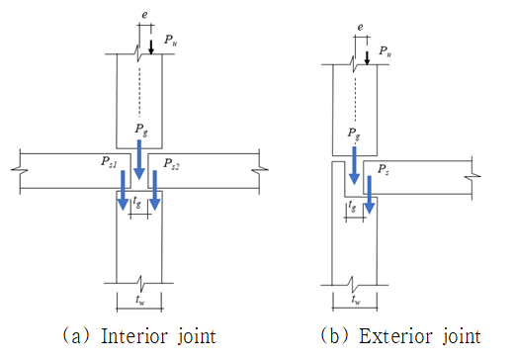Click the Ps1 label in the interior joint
pyautogui.click(x=109, y=162)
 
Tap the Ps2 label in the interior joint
pyautogui.click(x=171, y=164)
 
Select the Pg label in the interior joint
pyautogui.click(x=141, y=130)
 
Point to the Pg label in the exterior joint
pyautogui.click(x=354, y=135)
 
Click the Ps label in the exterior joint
pyautogui.click(x=383, y=169)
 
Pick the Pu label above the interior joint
pyautogui.click(x=171, y=41)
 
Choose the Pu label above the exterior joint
pyautogui.click(x=385, y=51)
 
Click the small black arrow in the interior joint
pyautogui.click(x=151, y=47)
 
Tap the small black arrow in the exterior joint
pyautogui.click(x=367, y=57)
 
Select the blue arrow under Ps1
pyautogui.click(x=123, y=190)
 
